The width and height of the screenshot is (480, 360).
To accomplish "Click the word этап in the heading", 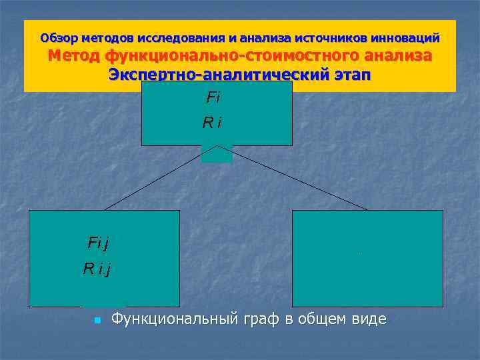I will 351,75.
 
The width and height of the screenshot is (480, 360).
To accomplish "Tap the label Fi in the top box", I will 213,98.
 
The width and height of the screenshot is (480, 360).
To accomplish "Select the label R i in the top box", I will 213,123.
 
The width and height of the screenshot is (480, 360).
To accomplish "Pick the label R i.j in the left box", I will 97,269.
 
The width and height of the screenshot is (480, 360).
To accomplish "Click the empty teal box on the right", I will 367,258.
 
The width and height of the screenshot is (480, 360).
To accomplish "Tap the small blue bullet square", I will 97,321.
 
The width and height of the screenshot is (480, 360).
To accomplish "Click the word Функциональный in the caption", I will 174,319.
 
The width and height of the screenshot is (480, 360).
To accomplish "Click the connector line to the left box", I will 153,179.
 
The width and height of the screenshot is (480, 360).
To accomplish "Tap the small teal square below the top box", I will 217,154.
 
